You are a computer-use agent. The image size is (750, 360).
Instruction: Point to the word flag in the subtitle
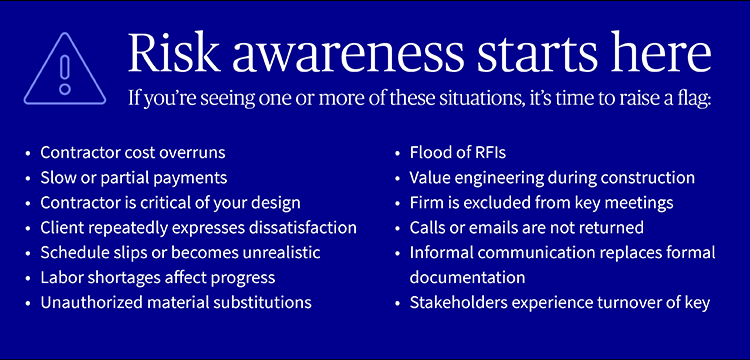click(x=686, y=101)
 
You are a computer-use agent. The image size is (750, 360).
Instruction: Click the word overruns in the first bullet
click(x=191, y=153)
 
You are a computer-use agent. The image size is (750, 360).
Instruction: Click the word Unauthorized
click(x=87, y=302)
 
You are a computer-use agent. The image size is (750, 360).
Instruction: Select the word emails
click(x=491, y=228)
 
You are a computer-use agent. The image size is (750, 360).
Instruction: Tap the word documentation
click(x=467, y=277)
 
